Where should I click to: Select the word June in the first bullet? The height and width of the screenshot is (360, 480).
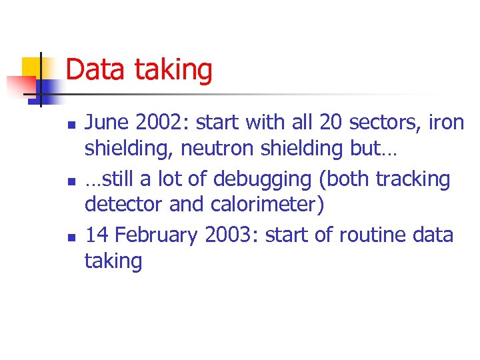tap(107, 123)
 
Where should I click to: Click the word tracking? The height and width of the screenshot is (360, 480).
tap(413, 179)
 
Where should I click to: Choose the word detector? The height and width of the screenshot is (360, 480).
tap(124, 205)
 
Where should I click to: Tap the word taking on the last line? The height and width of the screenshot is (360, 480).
tap(113, 261)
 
